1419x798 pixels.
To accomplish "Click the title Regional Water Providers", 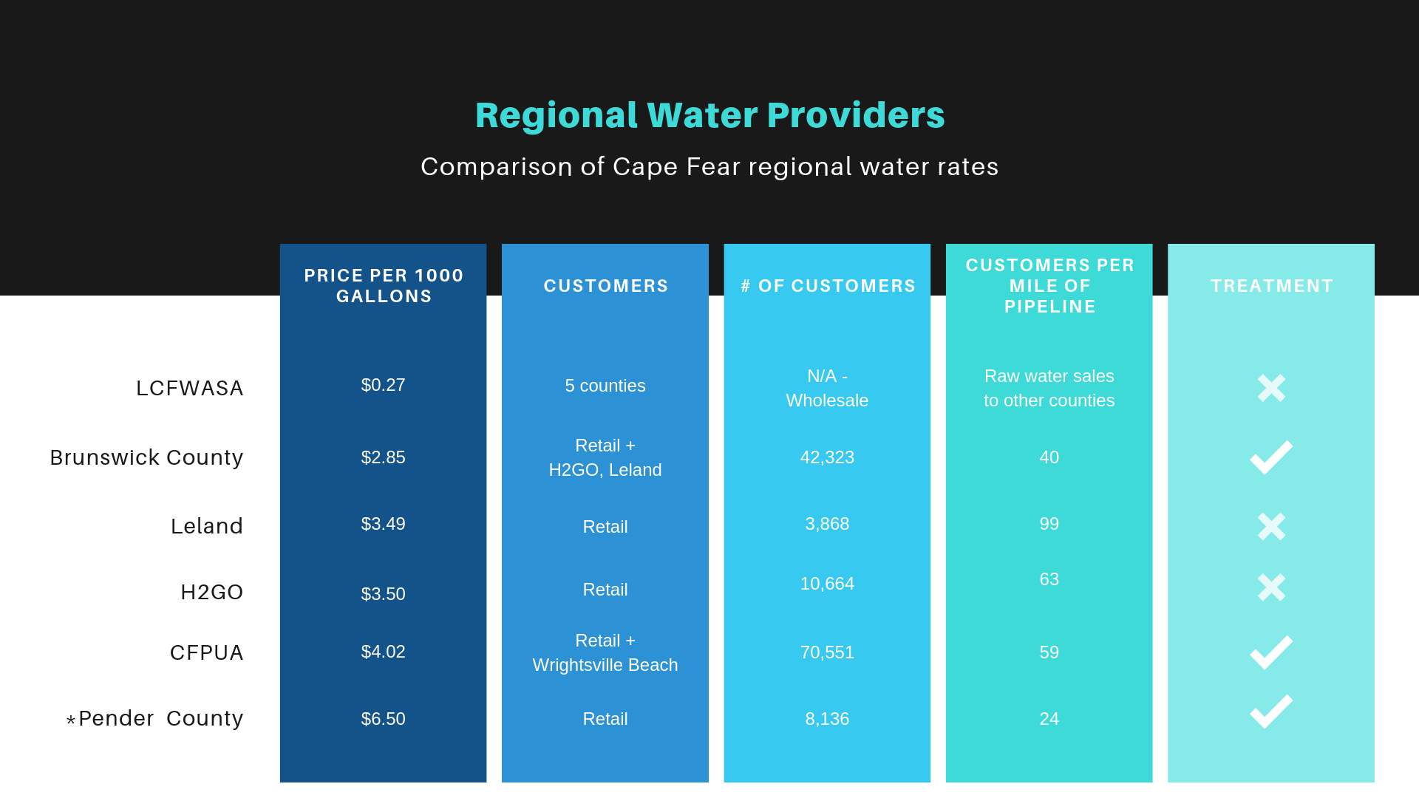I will [x=709, y=115].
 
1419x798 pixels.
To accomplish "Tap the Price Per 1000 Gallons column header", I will [x=384, y=286].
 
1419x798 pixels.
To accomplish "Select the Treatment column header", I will [x=1271, y=286].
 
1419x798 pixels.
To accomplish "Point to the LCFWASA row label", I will [x=190, y=388].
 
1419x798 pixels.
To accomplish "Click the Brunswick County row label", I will [x=146, y=457].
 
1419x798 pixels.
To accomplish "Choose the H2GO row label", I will [x=212, y=592].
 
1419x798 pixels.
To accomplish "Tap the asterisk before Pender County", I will [x=71, y=720].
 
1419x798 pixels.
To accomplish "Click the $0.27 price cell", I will [x=383, y=385].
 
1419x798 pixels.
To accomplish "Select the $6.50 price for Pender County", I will [x=383, y=719].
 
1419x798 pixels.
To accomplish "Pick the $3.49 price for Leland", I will [x=383, y=524].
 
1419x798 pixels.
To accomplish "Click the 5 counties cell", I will [x=605, y=386].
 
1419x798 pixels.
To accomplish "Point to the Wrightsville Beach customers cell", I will [x=605, y=652].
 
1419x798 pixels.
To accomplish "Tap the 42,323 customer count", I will [x=827, y=457].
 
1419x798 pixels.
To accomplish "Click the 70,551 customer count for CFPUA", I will [x=827, y=652].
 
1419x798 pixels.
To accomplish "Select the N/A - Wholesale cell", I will [x=827, y=388].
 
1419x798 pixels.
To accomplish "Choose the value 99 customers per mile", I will [x=1049, y=524].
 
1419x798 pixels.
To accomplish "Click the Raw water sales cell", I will [x=1049, y=388].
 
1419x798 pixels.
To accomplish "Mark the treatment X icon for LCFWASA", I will [x=1271, y=388].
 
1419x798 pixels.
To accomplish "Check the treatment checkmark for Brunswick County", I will [x=1271, y=457].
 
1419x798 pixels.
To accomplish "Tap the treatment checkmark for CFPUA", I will [x=1271, y=652].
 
